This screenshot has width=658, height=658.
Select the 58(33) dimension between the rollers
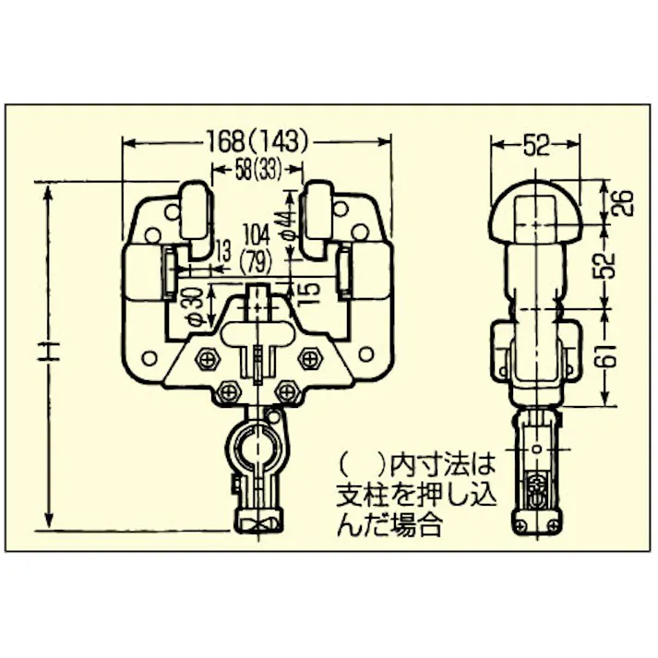(x=257, y=169)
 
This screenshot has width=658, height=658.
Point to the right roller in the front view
(x=318, y=217)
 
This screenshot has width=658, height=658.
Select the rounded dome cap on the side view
(x=535, y=208)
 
